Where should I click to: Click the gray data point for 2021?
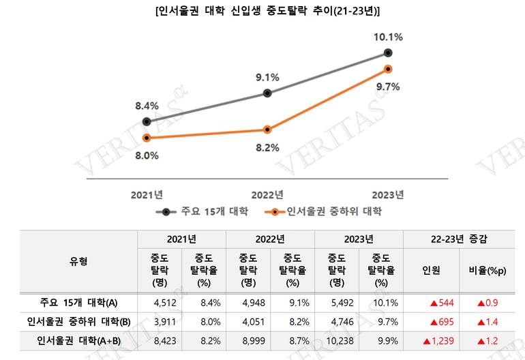click(x=147, y=122)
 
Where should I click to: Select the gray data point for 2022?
click(x=267, y=93)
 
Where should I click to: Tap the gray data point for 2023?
click(x=388, y=52)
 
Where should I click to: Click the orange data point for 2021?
click(x=147, y=138)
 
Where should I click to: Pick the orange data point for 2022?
click(x=267, y=130)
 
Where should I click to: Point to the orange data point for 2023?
click(x=388, y=69)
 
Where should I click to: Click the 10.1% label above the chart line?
click(x=387, y=36)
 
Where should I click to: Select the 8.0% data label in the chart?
click(x=146, y=155)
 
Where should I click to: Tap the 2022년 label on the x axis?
click(x=267, y=194)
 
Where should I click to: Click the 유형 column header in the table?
click(x=78, y=262)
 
